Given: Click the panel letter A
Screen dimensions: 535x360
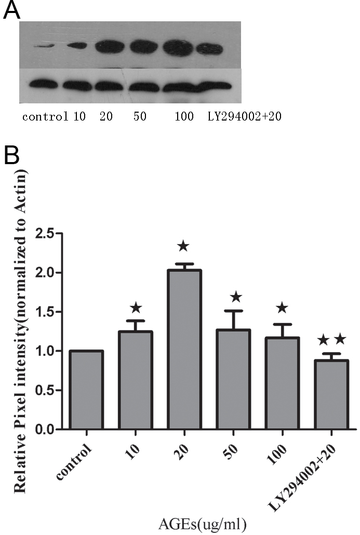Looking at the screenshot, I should pyautogui.click(x=11, y=10).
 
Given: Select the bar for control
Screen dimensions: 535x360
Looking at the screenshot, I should pyautogui.click(x=87, y=390).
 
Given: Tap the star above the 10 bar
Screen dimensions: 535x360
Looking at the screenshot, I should pyautogui.click(x=136, y=307).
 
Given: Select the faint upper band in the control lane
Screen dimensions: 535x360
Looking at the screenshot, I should pyautogui.click(x=41, y=47).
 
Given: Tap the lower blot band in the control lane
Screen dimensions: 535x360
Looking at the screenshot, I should pyautogui.click(x=42, y=84).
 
